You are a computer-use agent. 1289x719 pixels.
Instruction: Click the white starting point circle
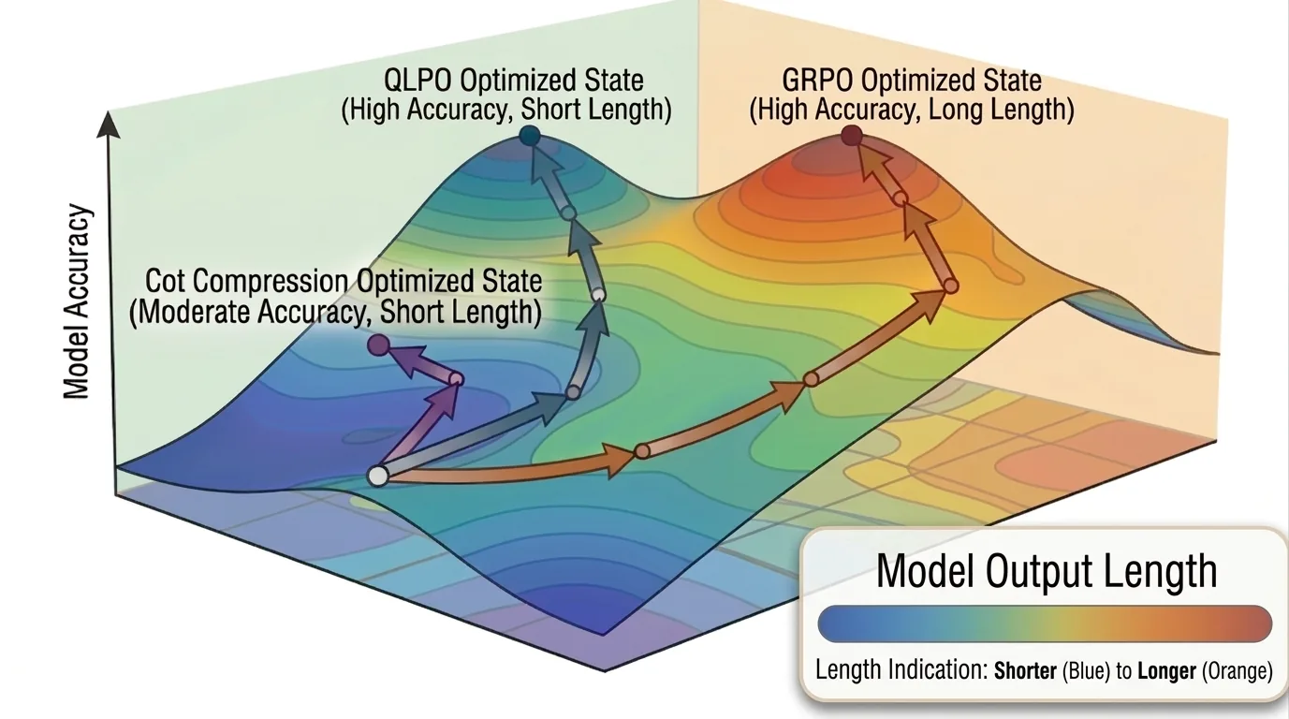(x=378, y=477)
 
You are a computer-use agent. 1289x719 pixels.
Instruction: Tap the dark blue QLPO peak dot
(x=530, y=137)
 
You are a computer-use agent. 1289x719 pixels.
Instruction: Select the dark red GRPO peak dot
(x=852, y=137)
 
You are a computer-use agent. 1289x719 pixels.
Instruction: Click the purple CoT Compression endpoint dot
(x=378, y=345)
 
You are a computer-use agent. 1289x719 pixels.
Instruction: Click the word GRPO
(x=817, y=80)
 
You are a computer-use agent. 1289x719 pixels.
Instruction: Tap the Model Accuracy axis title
(x=77, y=301)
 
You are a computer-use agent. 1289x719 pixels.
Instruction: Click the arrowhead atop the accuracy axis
(x=108, y=125)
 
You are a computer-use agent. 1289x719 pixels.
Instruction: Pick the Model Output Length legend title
(x=1047, y=570)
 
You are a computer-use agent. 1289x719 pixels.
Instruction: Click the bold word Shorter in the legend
(x=1025, y=670)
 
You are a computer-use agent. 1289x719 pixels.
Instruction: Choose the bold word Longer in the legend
(x=1167, y=670)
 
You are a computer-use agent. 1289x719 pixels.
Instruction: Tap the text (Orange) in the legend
(x=1238, y=670)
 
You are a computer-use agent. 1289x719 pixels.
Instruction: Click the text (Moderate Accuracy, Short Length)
(x=335, y=312)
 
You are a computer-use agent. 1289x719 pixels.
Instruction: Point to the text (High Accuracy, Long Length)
(x=912, y=110)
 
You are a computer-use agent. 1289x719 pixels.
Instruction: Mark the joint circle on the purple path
(x=456, y=379)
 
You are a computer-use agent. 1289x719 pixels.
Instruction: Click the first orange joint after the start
(x=642, y=451)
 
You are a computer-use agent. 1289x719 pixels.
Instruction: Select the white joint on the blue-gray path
(x=598, y=295)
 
